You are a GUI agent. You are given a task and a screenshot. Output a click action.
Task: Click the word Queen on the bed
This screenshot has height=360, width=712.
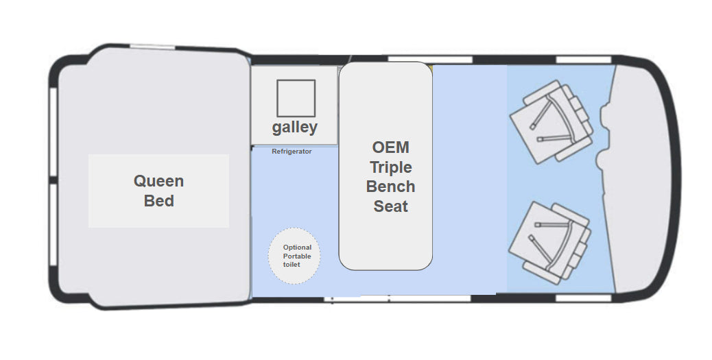158,182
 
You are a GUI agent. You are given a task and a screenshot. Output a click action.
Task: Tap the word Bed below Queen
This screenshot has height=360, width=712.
159,201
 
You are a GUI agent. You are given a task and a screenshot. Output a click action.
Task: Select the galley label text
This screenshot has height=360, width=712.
295,128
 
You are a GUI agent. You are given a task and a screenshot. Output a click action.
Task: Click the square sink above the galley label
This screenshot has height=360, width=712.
296,98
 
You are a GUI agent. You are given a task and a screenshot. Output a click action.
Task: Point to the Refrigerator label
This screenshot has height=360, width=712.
292,151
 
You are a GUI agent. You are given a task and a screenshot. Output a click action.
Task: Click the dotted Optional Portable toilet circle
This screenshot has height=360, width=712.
294,256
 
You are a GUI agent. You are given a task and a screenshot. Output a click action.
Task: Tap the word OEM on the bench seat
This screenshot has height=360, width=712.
390,147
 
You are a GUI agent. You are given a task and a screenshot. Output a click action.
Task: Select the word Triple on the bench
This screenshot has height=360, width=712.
391,167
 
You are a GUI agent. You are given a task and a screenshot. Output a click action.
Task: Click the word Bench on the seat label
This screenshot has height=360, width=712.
390,187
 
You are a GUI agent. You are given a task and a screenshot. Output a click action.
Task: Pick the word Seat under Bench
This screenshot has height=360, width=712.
390,206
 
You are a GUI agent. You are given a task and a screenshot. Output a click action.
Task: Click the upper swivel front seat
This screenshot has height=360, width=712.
551,121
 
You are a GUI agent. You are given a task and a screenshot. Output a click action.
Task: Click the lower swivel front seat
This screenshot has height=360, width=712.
550,243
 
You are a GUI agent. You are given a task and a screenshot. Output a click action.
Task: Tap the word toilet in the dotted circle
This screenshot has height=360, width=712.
292,265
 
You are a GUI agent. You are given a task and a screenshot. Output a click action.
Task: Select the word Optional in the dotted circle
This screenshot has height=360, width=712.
297,248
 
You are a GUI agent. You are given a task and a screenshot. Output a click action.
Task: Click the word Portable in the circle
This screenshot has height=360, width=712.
297,256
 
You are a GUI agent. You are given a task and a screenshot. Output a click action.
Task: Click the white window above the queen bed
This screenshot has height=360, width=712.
152,47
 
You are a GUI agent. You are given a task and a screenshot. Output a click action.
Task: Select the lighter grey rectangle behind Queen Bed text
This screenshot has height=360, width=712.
158,191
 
